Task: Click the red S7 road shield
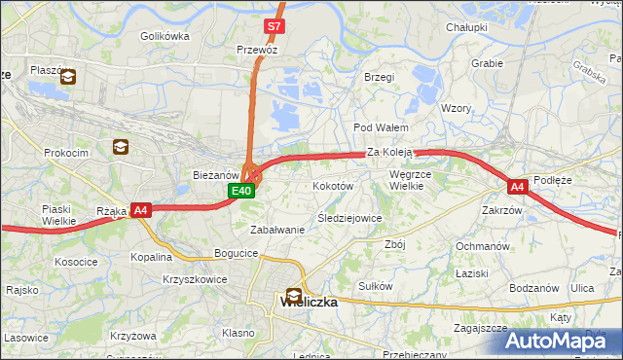coord(275,26)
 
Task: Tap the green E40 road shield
coord(242,191)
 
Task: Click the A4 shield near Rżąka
coord(141,209)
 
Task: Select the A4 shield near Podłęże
coord(518,186)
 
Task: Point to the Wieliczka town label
coord(309,303)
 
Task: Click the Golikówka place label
coord(164,36)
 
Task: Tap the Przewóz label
coord(258,48)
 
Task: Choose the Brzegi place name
coord(379,77)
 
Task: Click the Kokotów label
coord(332,185)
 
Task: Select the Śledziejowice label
coord(349,218)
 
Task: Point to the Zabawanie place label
coord(277,230)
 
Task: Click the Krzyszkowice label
coord(195,278)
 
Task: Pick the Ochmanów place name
coord(483,246)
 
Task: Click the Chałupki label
coord(466,27)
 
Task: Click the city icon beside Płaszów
coord(68,79)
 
